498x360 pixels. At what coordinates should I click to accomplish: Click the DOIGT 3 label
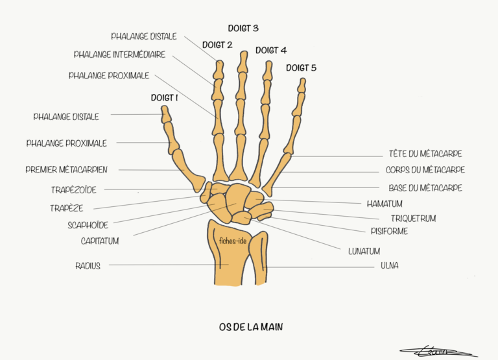(x=243, y=29)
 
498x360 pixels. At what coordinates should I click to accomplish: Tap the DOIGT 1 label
(x=164, y=97)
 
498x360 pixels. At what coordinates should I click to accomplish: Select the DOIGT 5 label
(x=301, y=67)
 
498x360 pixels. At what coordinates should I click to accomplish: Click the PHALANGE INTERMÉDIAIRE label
(x=119, y=54)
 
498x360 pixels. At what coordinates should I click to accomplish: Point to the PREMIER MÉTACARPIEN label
(x=66, y=169)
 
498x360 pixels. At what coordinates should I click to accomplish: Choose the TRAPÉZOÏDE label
(x=74, y=189)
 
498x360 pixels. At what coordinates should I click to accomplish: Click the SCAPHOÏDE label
(x=88, y=225)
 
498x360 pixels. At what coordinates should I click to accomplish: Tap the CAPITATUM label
(x=100, y=241)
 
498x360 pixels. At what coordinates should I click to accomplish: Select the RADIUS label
(x=88, y=266)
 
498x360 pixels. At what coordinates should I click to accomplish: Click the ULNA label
(x=389, y=265)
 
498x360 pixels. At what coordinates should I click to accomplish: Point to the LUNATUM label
(x=364, y=251)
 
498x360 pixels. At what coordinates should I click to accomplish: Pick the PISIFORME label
(x=389, y=231)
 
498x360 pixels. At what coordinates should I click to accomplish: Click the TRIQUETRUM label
(x=413, y=219)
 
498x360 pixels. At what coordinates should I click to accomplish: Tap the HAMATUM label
(x=385, y=204)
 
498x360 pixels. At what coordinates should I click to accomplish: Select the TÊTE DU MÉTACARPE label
(x=425, y=154)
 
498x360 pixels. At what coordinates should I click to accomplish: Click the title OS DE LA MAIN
(x=251, y=327)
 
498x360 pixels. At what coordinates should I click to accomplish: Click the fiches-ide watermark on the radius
(x=233, y=241)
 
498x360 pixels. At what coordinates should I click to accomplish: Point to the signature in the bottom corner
(x=438, y=351)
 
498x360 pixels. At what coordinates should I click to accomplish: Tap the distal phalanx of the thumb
(x=165, y=115)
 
